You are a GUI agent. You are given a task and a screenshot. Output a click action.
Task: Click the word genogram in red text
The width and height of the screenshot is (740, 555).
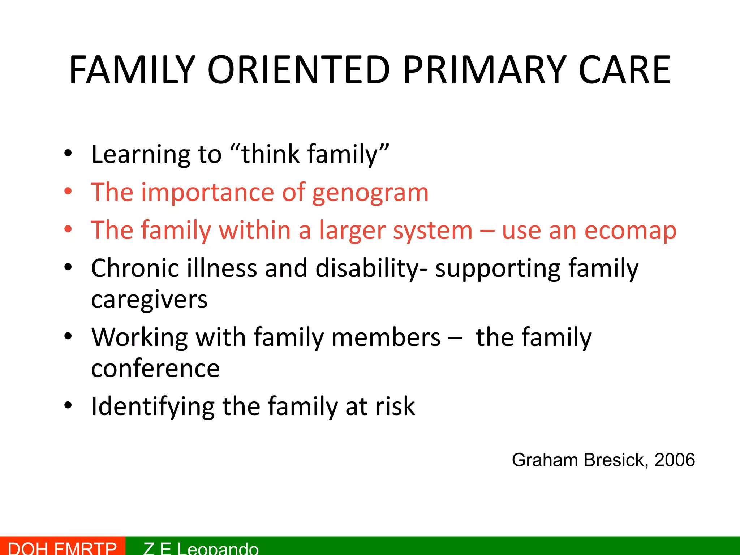(370, 193)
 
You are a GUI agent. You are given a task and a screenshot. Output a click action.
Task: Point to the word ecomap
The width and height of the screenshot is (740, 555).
(630, 231)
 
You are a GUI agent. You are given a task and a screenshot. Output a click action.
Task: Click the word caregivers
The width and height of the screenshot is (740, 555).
(149, 300)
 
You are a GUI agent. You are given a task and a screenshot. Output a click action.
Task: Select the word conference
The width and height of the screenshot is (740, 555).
(155, 369)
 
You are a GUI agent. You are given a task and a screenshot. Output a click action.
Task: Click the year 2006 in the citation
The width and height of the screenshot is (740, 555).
(674, 460)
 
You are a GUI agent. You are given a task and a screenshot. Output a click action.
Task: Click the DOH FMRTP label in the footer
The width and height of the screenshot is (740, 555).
(62, 548)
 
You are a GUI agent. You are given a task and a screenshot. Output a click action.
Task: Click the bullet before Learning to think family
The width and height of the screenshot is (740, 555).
(68, 154)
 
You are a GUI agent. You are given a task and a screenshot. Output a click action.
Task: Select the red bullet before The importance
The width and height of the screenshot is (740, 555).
(68, 192)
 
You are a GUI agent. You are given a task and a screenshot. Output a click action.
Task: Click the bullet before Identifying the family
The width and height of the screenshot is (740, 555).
(68, 406)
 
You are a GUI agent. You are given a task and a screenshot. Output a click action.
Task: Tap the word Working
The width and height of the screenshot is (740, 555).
(139, 337)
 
